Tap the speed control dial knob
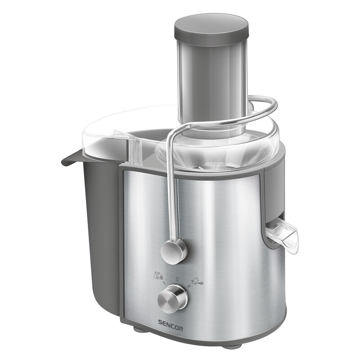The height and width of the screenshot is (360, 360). coord(172,299)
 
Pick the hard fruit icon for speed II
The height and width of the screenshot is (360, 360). coord(197,281)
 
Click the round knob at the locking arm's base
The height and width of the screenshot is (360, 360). coord(174,251)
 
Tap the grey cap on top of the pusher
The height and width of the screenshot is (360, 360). coord(211,27)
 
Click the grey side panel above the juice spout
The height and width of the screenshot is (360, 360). coord(274,189)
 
